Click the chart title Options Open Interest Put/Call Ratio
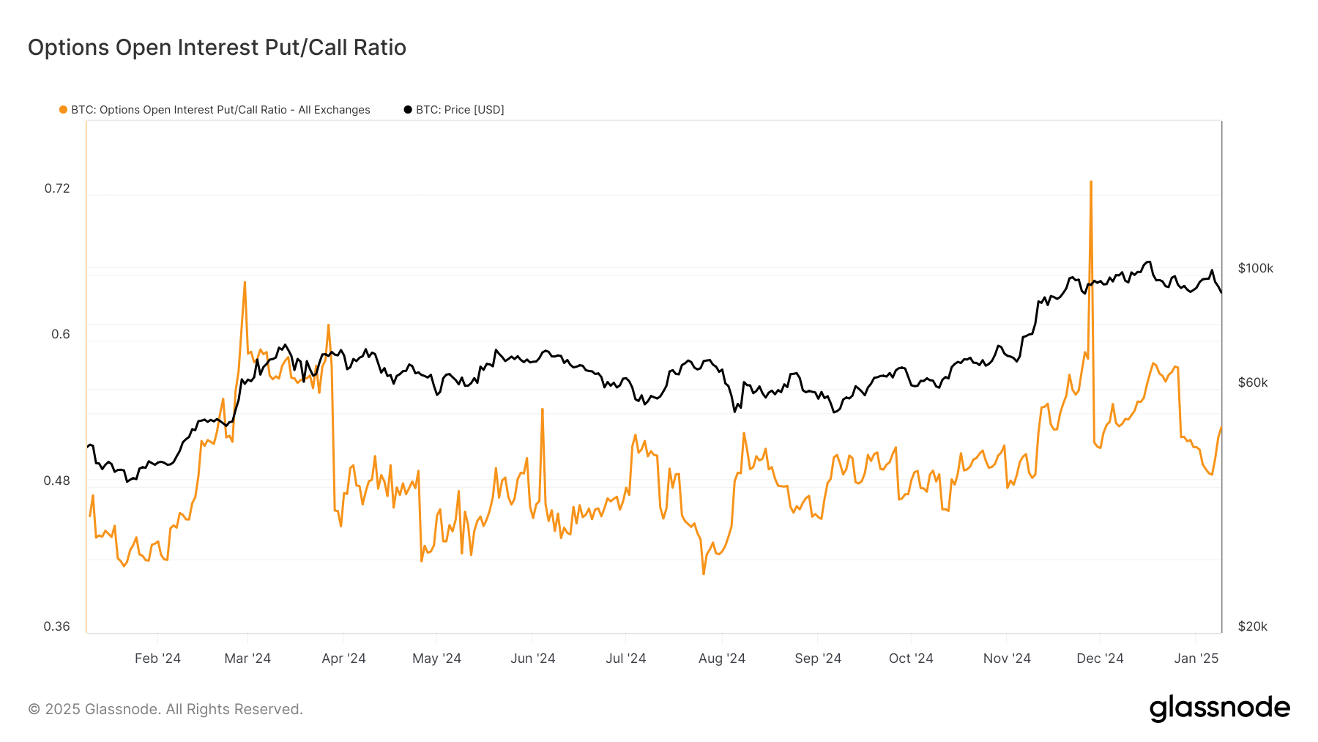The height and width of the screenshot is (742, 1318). pos(217,48)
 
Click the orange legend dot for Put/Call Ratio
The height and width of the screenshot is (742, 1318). pos(63,110)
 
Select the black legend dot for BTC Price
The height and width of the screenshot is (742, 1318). pos(408,110)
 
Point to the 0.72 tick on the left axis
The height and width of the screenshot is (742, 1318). pos(57,188)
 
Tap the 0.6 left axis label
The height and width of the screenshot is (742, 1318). pos(61,334)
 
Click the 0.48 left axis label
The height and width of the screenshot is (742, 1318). pos(57,481)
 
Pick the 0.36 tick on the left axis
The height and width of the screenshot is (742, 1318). pos(57,626)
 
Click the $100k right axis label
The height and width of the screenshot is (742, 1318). pos(1255,268)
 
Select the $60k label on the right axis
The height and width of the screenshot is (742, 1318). pos(1252,382)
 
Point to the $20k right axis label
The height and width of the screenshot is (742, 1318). pos(1252,626)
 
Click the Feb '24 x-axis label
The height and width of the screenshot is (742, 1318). pos(157,658)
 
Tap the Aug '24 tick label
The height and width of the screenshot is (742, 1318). pos(721,658)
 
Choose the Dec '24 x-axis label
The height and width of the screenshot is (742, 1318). pos(1100,658)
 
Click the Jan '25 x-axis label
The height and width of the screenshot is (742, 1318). pos(1196,658)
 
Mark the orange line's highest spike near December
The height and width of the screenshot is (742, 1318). pos(1091,182)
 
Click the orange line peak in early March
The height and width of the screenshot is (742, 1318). pos(245,283)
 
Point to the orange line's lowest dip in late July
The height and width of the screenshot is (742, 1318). pos(704,573)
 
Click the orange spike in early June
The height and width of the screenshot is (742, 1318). pos(542,410)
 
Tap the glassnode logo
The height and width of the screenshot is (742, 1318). pos(1219,708)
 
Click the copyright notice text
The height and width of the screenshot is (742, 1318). pos(165,709)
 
